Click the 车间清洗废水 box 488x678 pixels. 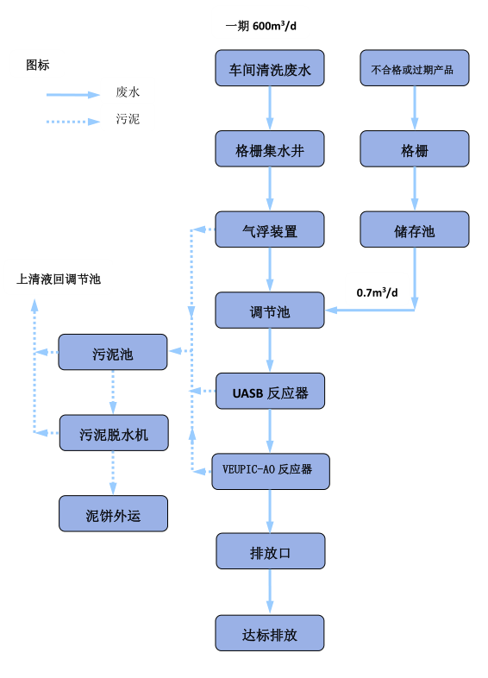click(270, 68)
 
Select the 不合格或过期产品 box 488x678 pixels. click(415, 68)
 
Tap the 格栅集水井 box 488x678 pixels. click(270, 148)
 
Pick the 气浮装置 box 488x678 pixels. click(270, 229)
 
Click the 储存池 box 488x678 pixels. click(415, 229)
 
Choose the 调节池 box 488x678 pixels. click(270, 310)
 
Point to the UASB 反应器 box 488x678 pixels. click(270, 391)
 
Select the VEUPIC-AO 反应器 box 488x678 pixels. click(271, 472)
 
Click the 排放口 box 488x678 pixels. click(271, 551)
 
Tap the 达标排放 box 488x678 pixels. click(270, 633)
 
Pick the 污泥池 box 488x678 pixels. click(113, 352)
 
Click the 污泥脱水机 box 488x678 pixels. click(114, 433)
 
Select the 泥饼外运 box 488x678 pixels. click(113, 514)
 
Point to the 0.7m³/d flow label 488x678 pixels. click(377, 292)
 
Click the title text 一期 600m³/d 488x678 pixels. click(260, 26)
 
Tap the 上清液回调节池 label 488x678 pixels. click(59, 279)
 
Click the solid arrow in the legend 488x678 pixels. click(73, 95)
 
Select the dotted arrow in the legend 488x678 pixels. click(73, 122)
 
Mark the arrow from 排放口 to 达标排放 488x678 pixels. click(270, 592)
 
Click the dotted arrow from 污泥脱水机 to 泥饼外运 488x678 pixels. click(113, 473)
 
